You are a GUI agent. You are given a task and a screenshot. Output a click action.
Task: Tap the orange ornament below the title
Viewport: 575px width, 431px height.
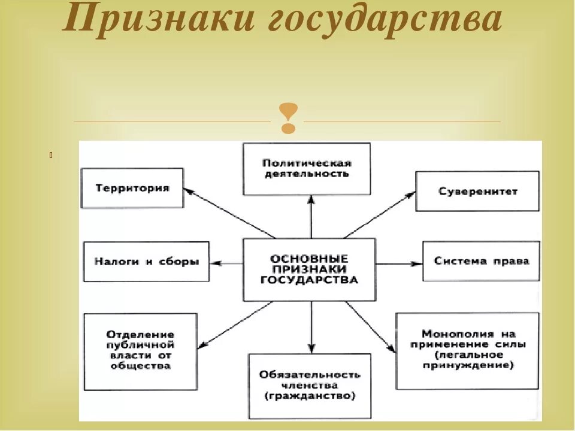(289, 118)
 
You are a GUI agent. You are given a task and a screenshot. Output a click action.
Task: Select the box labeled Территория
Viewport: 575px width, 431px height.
(132, 188)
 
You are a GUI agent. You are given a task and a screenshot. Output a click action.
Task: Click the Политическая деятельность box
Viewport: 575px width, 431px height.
(306, 168)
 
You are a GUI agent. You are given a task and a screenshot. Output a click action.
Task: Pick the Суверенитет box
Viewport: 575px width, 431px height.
(477, 191)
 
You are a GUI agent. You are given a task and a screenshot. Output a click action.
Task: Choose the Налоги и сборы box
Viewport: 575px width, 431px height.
(146, 262)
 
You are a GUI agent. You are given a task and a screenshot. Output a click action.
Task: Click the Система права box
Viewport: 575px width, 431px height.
(482, 261)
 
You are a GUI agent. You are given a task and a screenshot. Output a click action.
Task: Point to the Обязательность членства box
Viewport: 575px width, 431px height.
(310, 386)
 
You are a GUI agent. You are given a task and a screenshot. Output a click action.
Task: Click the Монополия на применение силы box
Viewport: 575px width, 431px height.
(468, 350)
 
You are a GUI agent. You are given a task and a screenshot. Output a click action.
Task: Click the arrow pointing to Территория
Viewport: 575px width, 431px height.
(228, 213)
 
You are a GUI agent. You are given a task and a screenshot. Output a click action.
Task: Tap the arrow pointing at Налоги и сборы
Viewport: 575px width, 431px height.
(227, 263)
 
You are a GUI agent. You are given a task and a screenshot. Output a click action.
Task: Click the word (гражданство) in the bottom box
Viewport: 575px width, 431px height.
(310, 396)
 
